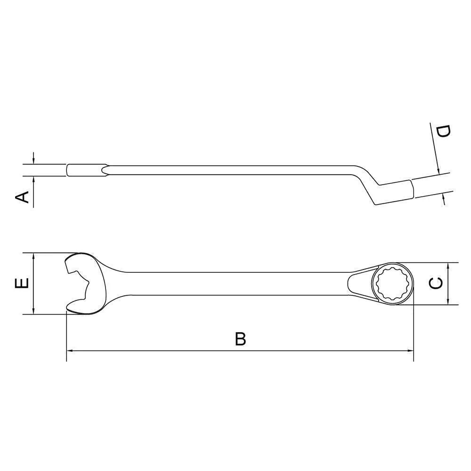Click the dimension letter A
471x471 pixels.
click(22, 197)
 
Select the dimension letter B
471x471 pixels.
click(240, 339)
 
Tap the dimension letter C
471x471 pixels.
click(436, 283)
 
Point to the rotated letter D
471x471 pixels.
click(443, 131)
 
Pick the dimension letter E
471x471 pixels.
click(22, 283)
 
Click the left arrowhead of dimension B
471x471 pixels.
click(69, 350)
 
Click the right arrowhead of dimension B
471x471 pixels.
click(410, 350)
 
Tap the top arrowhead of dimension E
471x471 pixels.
click(33, 256)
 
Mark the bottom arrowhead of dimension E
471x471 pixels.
click(33, 311)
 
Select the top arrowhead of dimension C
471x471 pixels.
click(448, 266)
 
